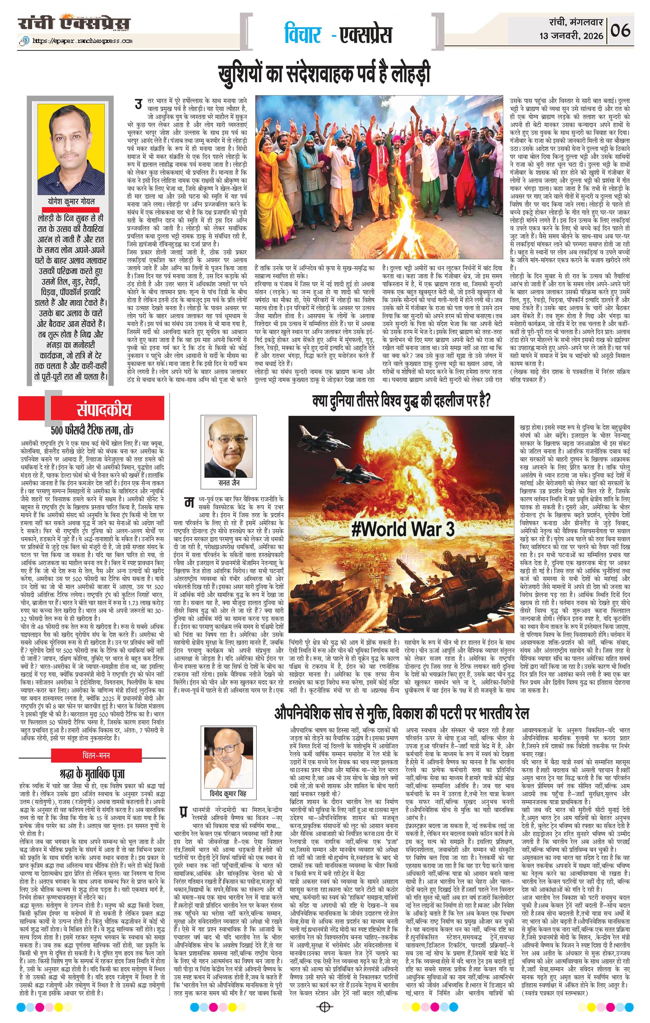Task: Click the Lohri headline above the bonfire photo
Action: click(324, 73)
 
